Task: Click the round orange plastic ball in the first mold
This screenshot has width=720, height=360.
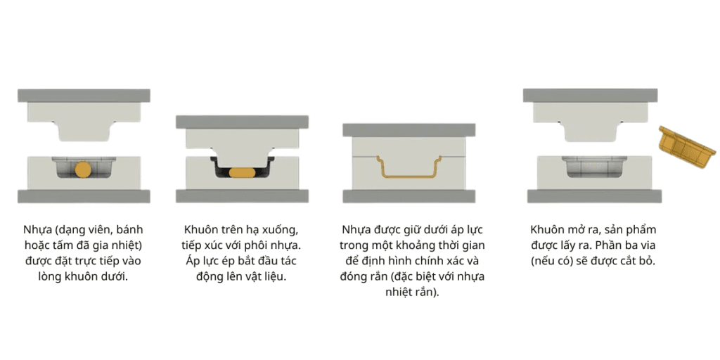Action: (83, 169)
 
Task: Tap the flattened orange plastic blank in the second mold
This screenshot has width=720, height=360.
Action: (242, 173)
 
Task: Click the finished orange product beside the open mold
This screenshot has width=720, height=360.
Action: (688, 147)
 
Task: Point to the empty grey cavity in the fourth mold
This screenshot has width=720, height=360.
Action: (594, 166)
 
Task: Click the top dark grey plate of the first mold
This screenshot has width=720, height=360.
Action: (84, 96)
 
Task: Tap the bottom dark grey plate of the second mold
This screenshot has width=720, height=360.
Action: (242, 196)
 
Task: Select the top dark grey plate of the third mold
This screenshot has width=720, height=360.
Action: (409, 130)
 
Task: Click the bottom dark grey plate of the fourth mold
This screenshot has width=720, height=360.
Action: (594, 196)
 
